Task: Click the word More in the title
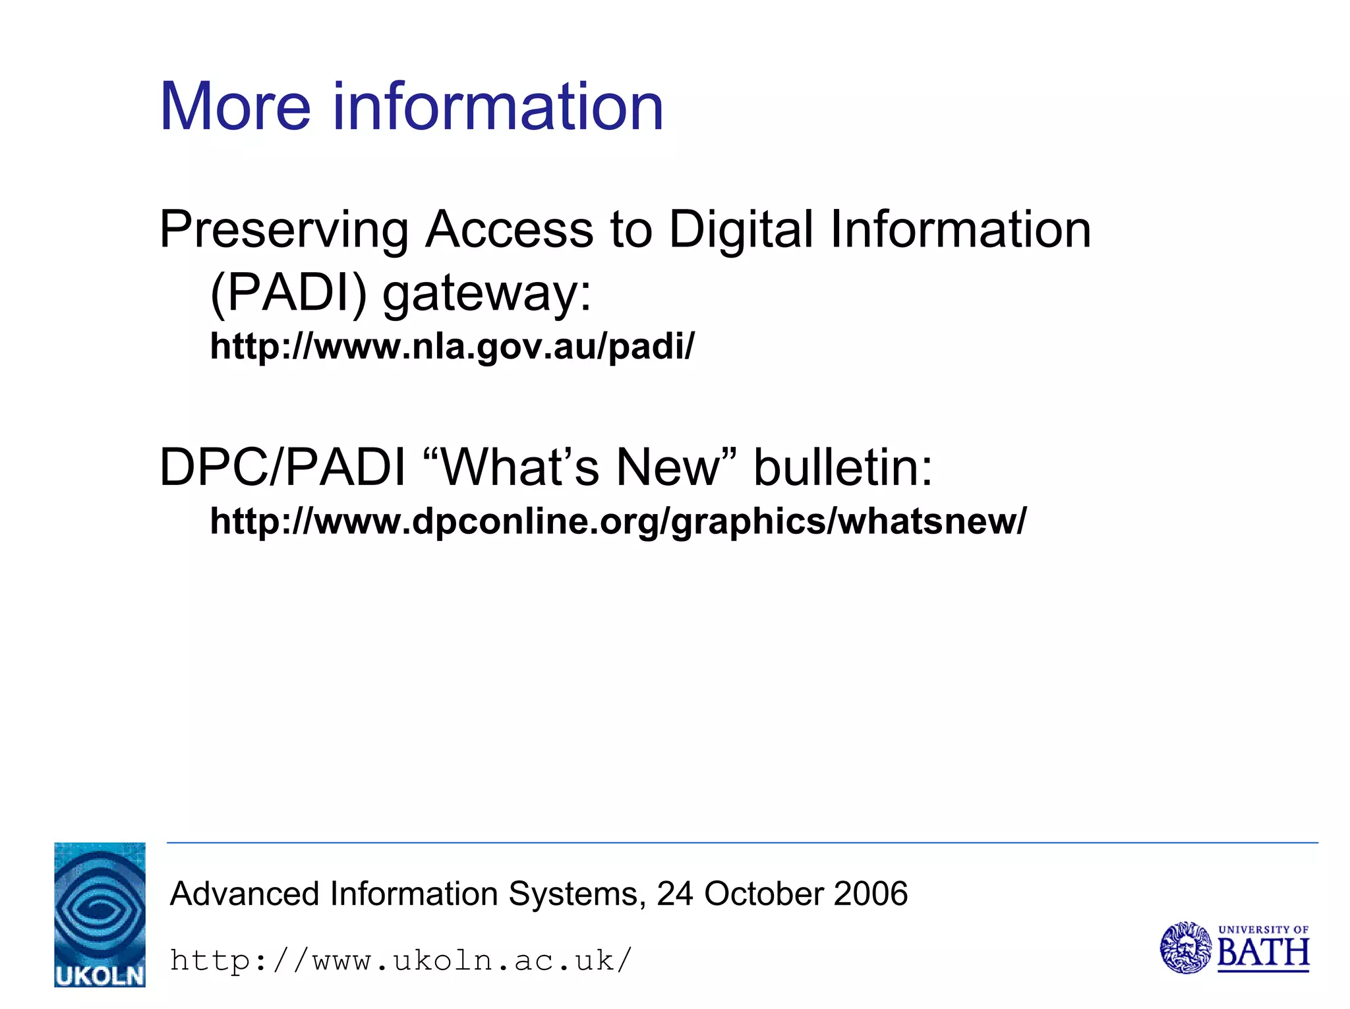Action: tap(235, 107)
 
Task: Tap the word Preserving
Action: tap(284, 231)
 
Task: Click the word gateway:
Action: tap(487, 294)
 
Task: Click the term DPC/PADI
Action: tap(282, 467)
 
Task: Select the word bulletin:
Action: tap(843, 467)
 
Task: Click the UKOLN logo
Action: tap(100, 914)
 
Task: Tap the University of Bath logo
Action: tap(1234, 948)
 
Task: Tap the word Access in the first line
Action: tap(509, 231)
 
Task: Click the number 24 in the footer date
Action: tap(675, 894)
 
